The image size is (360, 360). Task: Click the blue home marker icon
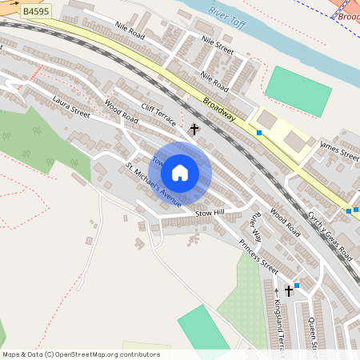(180, 173)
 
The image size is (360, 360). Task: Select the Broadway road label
(219, 109)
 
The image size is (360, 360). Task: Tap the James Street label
(339, 148)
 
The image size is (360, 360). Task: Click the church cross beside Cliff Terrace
(194, 128)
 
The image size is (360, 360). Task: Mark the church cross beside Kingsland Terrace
(289, 291)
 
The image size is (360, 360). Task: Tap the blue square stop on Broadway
(259, 133)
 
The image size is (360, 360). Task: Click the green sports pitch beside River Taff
(298, 90)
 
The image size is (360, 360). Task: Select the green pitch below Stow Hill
(204, 327)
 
